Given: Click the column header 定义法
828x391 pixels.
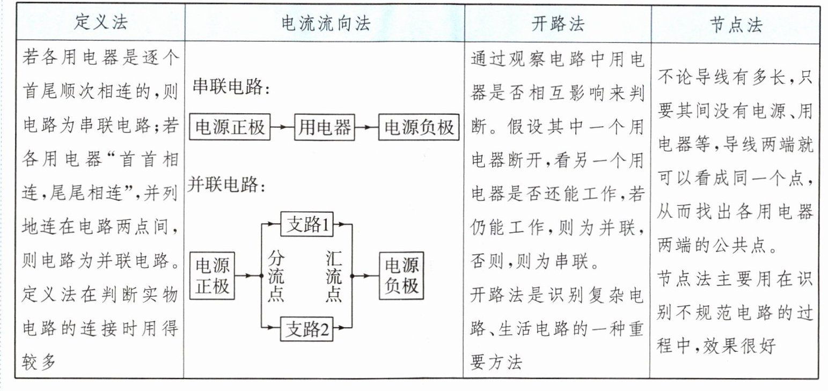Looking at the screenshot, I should click(101, 24).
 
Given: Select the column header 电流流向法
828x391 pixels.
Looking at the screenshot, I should click(325, 24).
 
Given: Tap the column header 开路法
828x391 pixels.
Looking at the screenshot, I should click(558, 24).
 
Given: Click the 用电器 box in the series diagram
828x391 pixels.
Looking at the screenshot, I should click(325, 128).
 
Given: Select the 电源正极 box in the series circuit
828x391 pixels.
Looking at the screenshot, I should click(230, 128).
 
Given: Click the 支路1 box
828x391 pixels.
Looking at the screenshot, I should click(307, 224).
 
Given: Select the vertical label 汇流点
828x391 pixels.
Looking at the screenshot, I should click(334, 276).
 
